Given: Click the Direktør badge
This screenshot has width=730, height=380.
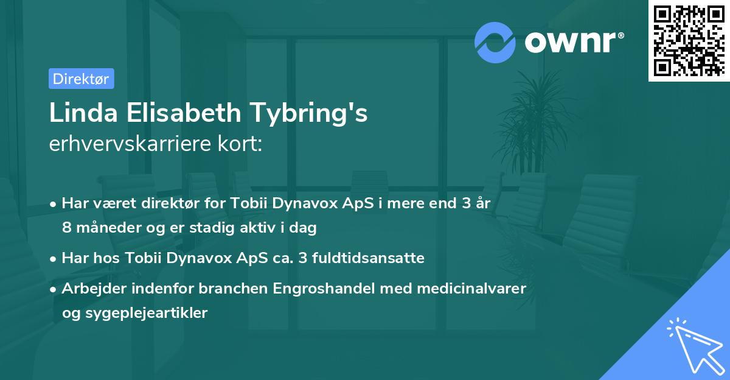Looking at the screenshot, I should [x=81, y=79].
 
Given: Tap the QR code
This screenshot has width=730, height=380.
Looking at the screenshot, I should [x=689, y=41].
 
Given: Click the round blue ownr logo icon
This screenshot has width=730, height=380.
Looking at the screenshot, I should [x=495, y=42].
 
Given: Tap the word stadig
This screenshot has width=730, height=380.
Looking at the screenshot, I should [x=214, y=228].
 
